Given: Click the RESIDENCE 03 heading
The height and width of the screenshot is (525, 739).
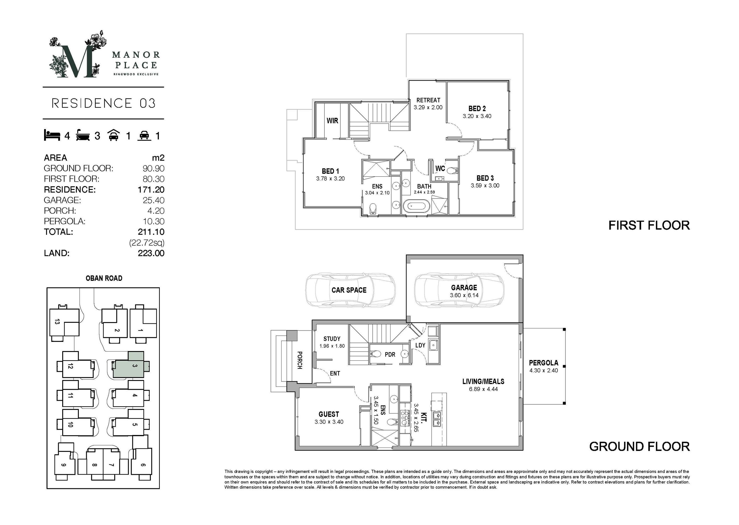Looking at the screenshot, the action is [104, 104].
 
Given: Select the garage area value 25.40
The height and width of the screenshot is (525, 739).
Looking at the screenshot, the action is [154, 200].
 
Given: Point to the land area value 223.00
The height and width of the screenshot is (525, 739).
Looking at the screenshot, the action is [151, 253].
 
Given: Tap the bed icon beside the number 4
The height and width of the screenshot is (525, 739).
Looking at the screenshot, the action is [52, 135].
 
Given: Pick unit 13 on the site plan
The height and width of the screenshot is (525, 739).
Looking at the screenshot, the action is [64, 322].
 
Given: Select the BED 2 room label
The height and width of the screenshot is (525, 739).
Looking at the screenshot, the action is [477, 109].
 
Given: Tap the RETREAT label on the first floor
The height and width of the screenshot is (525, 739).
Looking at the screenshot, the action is [428, 100].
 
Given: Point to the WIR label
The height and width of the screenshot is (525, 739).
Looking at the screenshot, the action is [332, 121].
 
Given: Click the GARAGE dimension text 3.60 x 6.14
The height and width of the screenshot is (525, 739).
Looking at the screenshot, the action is [464, 295].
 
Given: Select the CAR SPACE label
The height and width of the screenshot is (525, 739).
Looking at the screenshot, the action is [349, 290].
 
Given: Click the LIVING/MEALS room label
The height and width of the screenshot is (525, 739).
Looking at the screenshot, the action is [483, 381].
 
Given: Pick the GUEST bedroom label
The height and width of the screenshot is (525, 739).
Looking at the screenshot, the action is [329, 414].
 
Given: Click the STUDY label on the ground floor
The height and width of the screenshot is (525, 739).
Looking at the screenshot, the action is [332, 339].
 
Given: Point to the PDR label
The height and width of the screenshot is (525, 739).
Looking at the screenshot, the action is [390, 355].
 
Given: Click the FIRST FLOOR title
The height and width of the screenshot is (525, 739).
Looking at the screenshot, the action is [649, 225].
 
